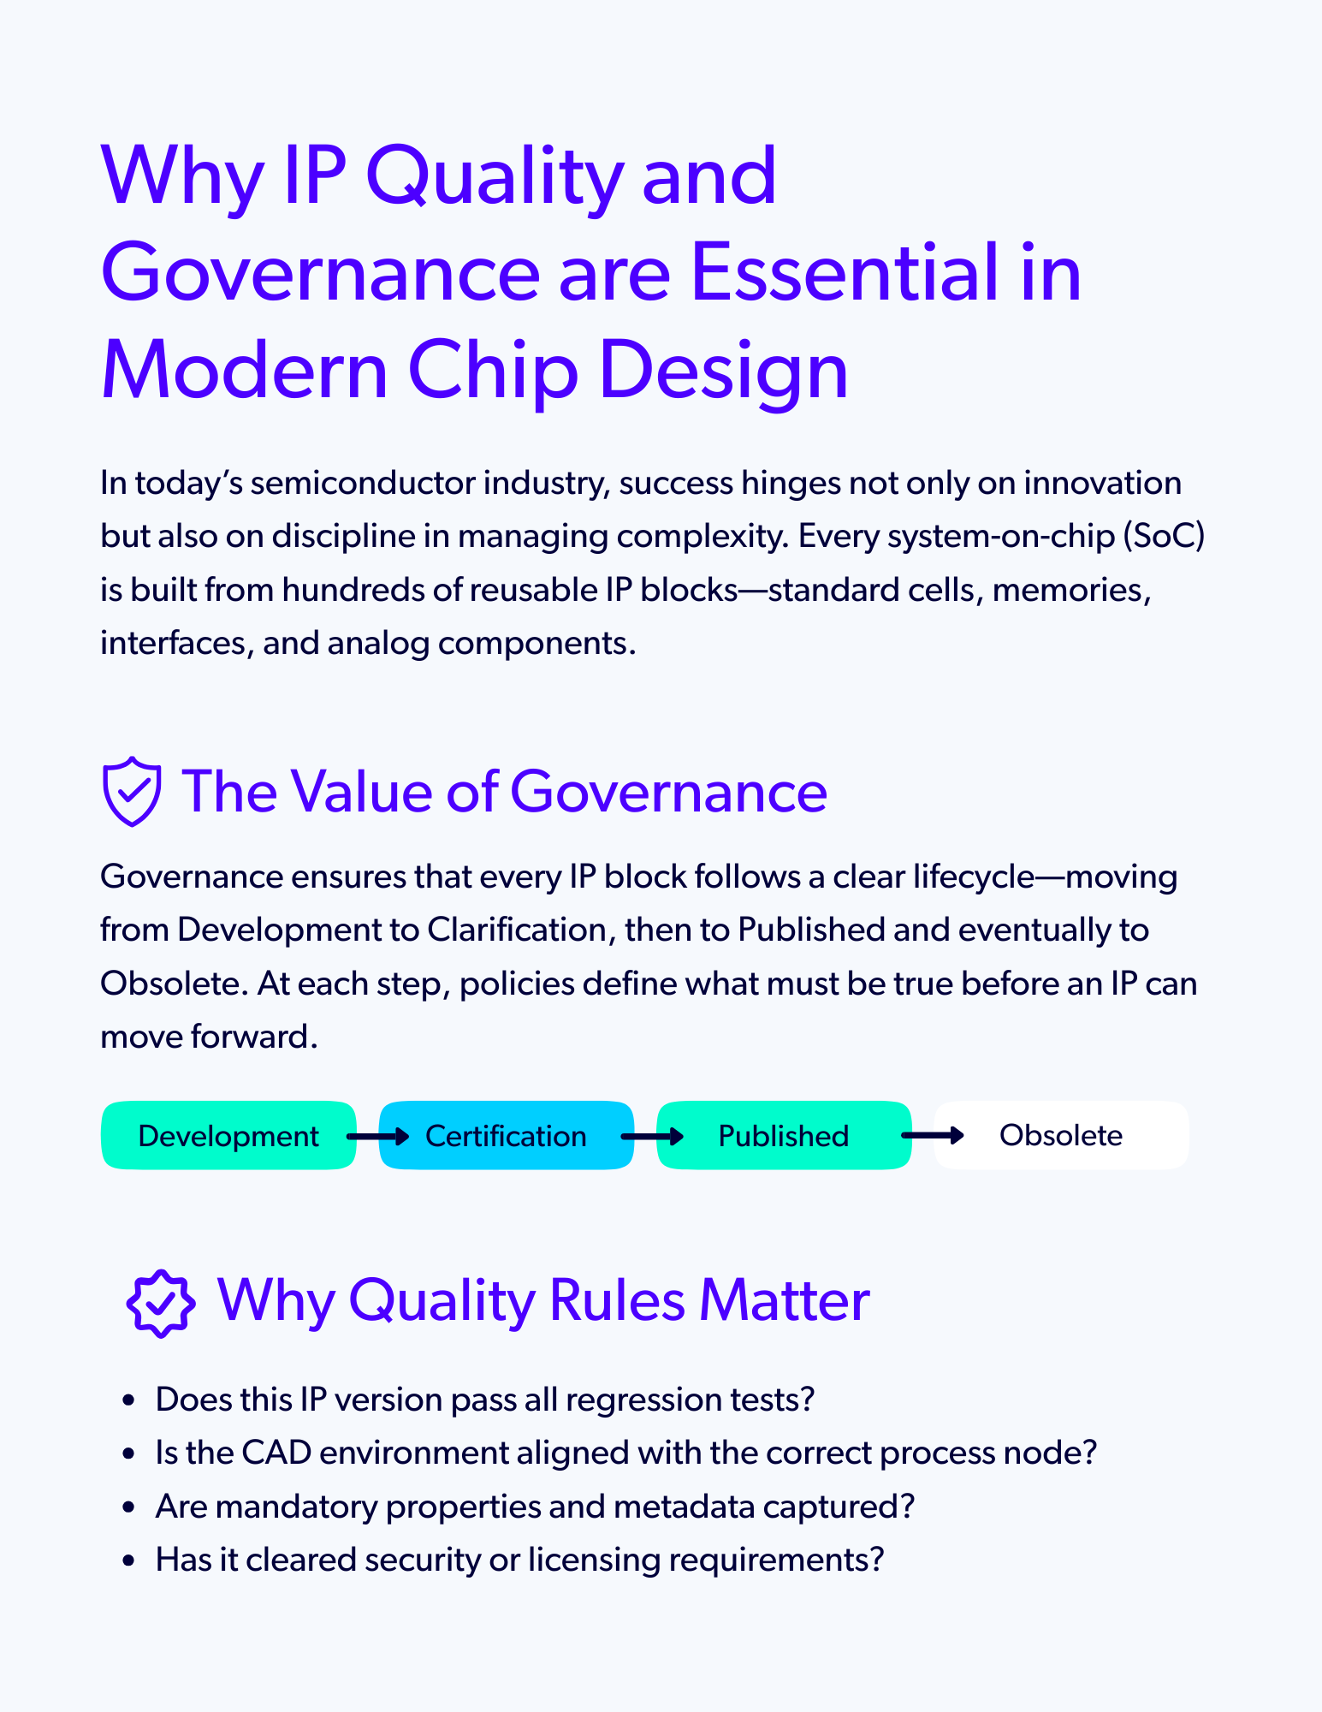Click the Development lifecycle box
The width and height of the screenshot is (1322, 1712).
[x=228, y=1136]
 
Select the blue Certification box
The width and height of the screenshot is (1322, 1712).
[x=506, y=1136]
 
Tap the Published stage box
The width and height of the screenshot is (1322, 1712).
[x=783, y=1136]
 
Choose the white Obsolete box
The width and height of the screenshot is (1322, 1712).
[x=1061, y=1136]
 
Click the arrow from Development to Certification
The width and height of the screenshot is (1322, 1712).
[x=377, y=1137]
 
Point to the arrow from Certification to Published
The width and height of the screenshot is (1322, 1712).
[x=652, y=1137]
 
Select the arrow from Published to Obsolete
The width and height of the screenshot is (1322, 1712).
[x=933, y=1136]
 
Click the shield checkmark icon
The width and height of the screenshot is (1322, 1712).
[x=131, y=791]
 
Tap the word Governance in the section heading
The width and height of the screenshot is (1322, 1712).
[x=668, y=791]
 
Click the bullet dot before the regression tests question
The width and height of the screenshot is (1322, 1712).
[x=129, y=1400]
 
